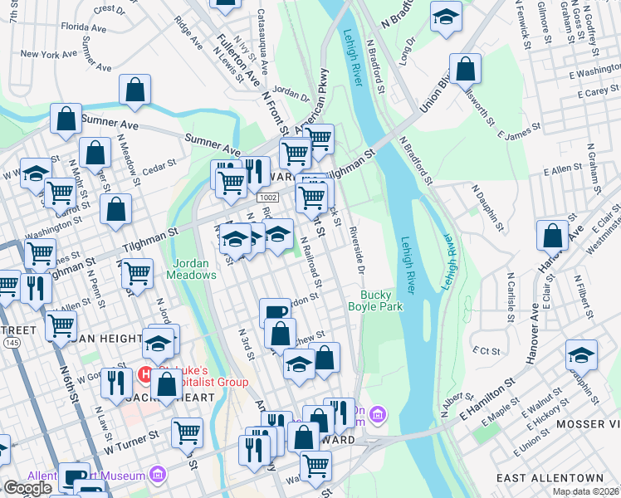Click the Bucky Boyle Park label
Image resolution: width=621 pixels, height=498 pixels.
[x=381, y=300]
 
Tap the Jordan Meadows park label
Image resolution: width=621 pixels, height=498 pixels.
[x=193, y=269]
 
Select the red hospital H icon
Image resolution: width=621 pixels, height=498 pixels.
[x=144, y=375]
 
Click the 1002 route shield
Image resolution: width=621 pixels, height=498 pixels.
[x=267, y=198]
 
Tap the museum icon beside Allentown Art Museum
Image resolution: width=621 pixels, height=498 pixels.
[x=156, y=476]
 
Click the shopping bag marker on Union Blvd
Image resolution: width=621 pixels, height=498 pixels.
[x=466, y=71]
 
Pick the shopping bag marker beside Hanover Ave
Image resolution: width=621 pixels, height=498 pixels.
[x=552, y=237]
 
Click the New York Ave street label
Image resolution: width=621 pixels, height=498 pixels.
[x=50, y=55]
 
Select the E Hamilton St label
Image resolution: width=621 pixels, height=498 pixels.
[x=486, y=398]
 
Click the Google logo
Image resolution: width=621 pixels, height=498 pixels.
[x=27, y=488]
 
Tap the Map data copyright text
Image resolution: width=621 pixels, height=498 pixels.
[x=586, y=491]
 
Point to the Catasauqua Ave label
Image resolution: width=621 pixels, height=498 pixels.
[x=262, y=41]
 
